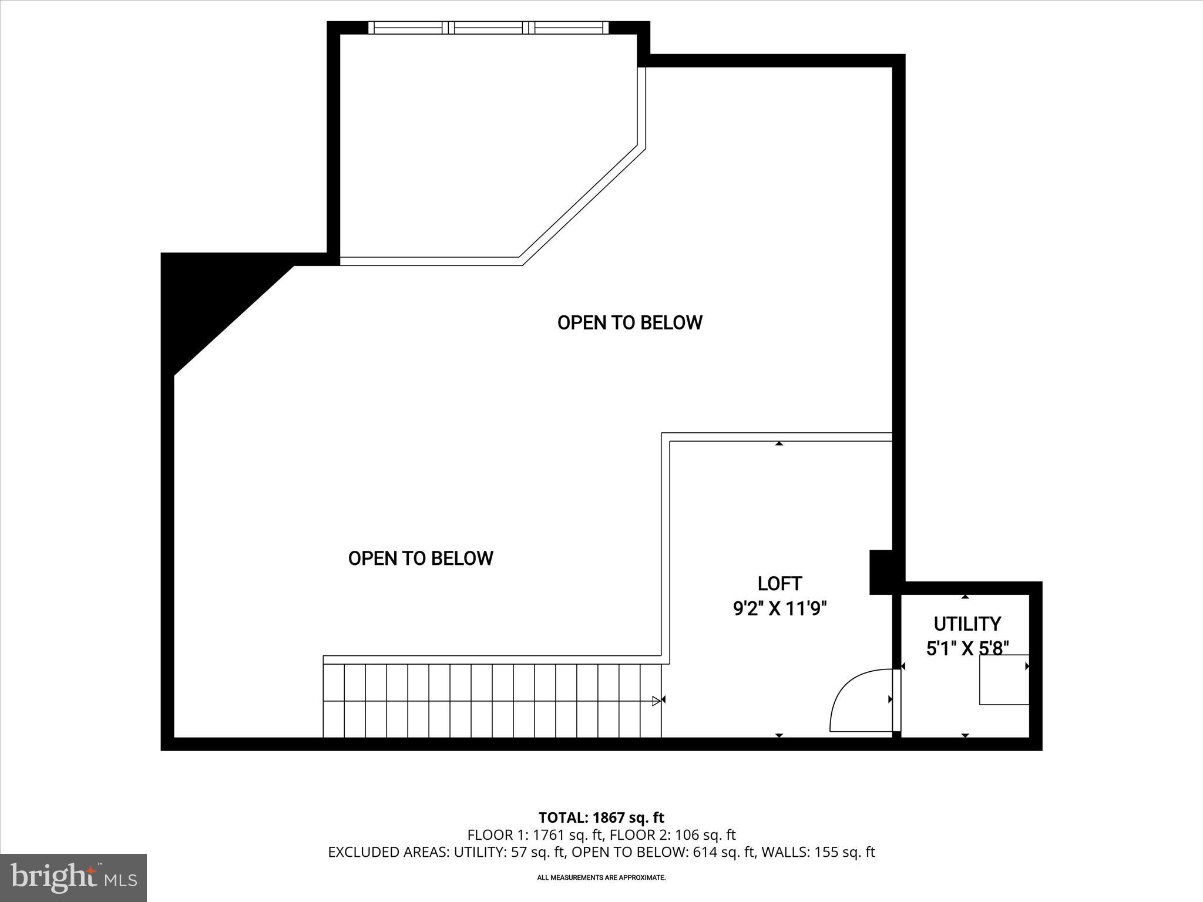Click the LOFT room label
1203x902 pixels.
779,583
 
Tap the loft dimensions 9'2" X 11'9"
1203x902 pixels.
779,609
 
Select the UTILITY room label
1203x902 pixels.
967,623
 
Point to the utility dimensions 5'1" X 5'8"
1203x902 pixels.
967,648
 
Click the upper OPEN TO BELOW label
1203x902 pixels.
629,322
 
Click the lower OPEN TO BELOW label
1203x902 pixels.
421,558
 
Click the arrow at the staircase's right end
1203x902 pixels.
657,700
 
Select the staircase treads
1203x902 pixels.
492,700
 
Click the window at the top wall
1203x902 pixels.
489,28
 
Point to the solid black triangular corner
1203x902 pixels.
200,299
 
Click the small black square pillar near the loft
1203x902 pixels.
881,571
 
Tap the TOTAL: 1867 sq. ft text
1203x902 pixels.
601,817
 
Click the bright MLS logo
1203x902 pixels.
73,877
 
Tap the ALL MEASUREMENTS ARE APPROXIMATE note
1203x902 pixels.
601,877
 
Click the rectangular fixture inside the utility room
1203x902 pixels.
1003,679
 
